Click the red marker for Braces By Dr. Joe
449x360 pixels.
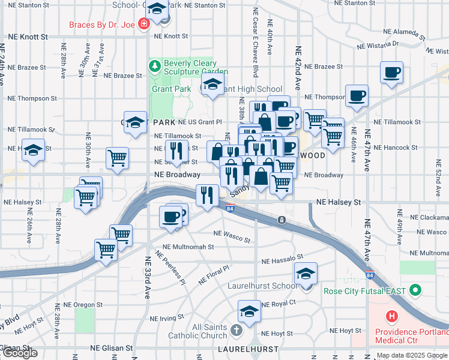click(143, 25)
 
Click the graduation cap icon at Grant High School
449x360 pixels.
click(212, 86)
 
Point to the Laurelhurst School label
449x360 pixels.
click(262, 286)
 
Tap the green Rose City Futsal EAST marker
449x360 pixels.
click(415, 291)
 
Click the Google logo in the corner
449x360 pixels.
click(20, 353)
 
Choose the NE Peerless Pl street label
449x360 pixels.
click(170, 268)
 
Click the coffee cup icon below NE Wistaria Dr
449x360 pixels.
click(391, 73)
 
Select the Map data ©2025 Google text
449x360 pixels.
click(412, 355)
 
